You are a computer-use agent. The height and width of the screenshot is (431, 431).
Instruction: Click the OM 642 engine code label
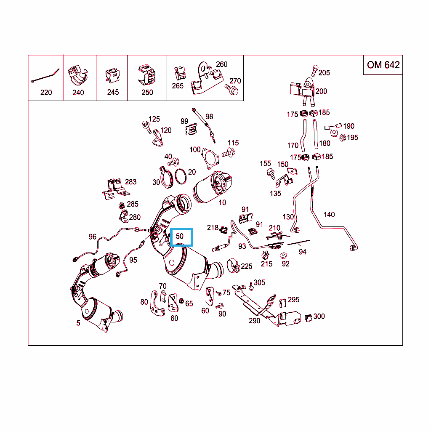coord(383,65)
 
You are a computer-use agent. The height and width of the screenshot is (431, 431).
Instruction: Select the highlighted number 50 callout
coord(181,237)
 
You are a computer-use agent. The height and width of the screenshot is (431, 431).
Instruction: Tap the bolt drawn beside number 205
coord(314,70)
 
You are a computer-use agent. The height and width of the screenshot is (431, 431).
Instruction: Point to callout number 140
coord(329,214)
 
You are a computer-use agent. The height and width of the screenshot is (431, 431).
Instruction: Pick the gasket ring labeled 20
coord(180,176)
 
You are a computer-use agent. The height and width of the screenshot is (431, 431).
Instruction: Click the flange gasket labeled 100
coord(210,159)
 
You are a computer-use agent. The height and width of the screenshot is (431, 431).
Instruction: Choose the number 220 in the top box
coord(46,92)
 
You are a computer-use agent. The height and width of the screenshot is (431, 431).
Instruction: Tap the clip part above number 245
coord(113,76)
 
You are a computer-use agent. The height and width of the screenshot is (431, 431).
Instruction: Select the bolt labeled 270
coord(231,89)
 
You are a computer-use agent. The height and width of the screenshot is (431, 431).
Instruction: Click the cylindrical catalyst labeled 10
coord(212,187)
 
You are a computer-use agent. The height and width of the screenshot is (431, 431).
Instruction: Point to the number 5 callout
coord(78,323)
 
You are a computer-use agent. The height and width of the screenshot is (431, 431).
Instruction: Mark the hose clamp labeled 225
coord(233,266)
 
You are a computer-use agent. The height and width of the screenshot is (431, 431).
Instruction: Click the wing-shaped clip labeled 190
coord(333,130)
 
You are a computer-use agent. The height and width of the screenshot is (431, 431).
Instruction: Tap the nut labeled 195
coord(343,138)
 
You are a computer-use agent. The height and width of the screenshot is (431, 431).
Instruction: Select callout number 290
coord(255,320)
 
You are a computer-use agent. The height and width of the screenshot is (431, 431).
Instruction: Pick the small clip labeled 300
coord(309,318)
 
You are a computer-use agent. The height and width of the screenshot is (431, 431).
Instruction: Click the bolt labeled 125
coord(147,127)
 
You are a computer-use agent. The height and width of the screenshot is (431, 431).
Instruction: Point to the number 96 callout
coord(93,237)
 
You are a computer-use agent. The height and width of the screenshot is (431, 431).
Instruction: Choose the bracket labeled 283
coord(115,189)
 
